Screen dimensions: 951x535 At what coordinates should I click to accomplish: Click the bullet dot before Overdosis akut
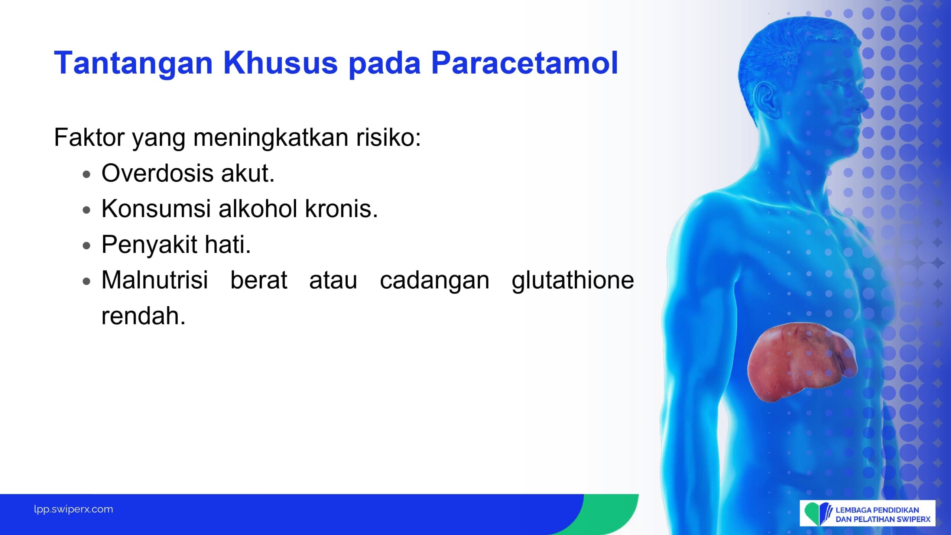[x=87, y=175]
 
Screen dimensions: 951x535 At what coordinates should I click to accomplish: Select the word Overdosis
[x=158, y=173]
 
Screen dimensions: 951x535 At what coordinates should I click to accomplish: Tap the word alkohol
[x=258, y=208]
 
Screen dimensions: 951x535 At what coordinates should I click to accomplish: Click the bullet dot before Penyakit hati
[x=87, y=246]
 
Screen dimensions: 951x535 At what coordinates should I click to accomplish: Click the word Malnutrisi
[x=155, y=280]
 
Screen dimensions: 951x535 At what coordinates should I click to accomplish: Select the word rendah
[x=143, y=316]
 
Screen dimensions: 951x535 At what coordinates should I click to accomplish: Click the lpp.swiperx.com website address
[x=74, y=509]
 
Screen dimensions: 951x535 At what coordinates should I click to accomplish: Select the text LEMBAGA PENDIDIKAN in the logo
[x=877, y=510]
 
